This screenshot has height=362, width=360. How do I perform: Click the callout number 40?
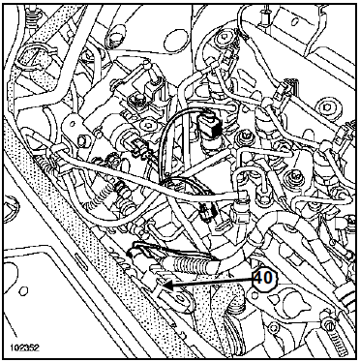[x=264, y=278]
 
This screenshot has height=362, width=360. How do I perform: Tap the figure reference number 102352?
[x=24, y=347]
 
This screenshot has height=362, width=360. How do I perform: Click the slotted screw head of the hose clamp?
[x=328, y=321]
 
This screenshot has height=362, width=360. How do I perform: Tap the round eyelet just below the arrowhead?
[x=181, y=296]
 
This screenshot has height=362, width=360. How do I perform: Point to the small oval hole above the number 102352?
[x=23, y=291]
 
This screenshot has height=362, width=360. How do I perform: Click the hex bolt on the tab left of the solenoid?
[x=81, y=141]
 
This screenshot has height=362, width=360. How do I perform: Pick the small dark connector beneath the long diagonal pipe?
[x=207, y=212]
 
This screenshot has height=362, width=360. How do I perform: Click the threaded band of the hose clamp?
[x=342, y=340]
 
